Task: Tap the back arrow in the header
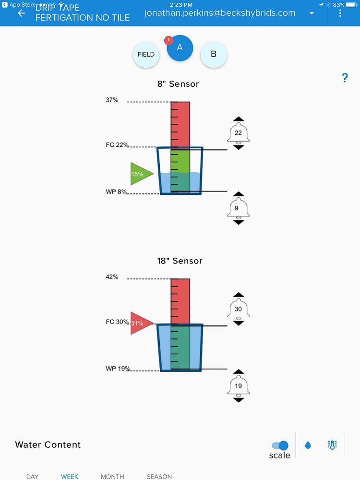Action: pyautogui.click(x=21, y=13)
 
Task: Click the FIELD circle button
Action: pyautogui.click(x=146, y=54)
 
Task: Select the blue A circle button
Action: pyautogui.click(x=180, y=48)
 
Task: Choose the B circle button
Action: pyautogui.click(x=214, y=54)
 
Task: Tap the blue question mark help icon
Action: pyautogui.click(x=345, y=78)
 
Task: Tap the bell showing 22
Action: pyautogui.click(x=239, y=133)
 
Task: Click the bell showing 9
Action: pyautogui.click(x=239, y=208)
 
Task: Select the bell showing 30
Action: pyautogui.click(x=239, y=309)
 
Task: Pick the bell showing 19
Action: pyautogui.click(x=239, y=385)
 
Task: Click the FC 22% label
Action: pyautogui.click(x=117, y=145)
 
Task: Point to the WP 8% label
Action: pyautogui.click(x=117, y=192)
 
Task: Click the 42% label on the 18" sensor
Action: pyautogui.click(x=112, y=277)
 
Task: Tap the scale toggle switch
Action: pyautogui.click(x=280, y=445)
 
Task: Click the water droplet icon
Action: pyautogui.click(x=308, y=445)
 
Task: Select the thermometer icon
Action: pyautogui.click(x=332, y=445)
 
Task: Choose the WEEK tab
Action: pyautogui.click(x=70, y=477)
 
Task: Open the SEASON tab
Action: pyautogui.click(x=159, y=477)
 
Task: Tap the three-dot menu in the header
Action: pyautogui.click(x=340, y=13)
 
